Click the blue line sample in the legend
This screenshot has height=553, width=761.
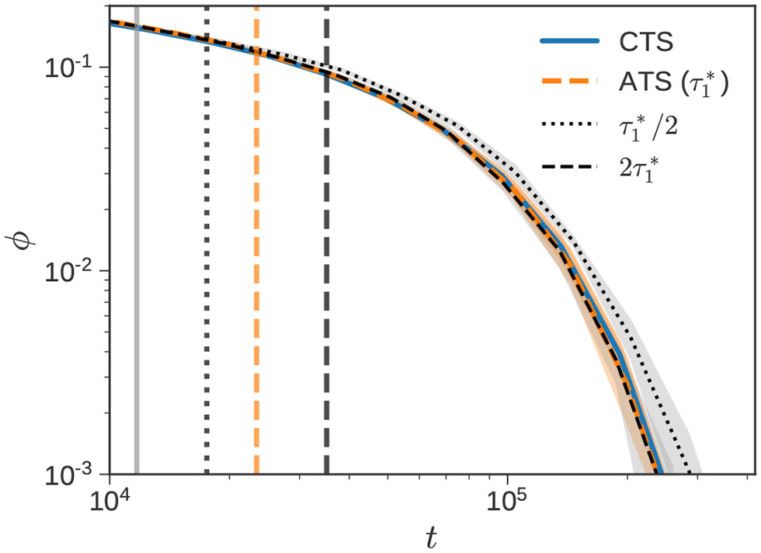coord(565,41)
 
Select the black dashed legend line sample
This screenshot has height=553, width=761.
coord(565,166)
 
